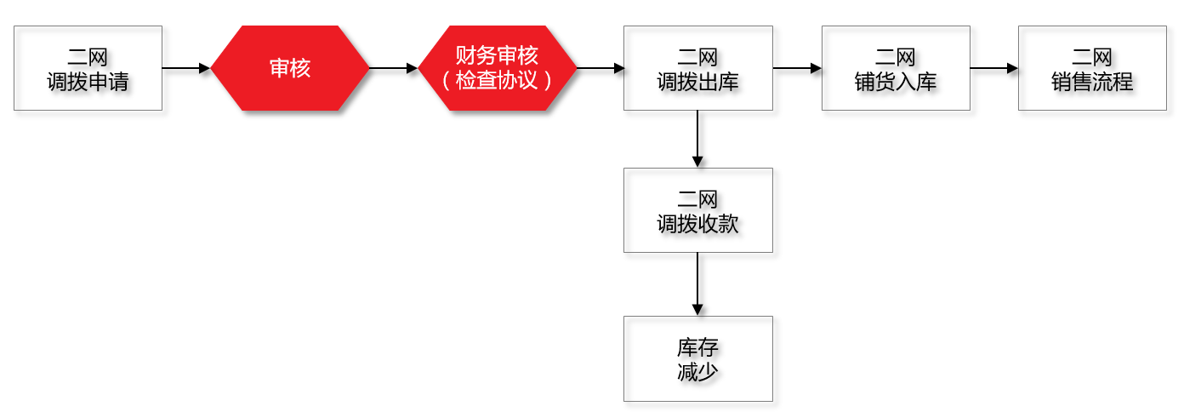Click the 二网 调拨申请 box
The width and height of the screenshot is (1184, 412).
(x=88, y=68)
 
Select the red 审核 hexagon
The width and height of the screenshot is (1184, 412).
(x=290, y=68)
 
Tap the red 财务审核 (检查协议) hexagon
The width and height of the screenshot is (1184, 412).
(x=498, y=68)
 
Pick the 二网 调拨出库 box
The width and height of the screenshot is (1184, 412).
(x=697, y=68)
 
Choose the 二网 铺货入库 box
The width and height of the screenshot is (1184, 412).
(x=896, y=68)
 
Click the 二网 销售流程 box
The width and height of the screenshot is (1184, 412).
(x=1092, y=68)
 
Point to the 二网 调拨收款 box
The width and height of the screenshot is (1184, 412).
(x=697, y=210)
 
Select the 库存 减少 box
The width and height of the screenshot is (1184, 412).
(x=697, y=358)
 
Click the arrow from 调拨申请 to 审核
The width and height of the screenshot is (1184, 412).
(x=185, y=68)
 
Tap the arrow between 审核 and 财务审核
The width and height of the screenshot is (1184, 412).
(x=394, y=68)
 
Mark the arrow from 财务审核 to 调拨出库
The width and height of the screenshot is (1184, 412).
(x=601, y=68)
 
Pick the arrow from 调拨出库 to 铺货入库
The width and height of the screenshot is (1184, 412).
(x=797, y=68)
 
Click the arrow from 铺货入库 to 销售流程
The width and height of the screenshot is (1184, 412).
(x=993, y=68)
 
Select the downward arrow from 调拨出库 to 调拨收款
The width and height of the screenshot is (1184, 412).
(x=697, y=139)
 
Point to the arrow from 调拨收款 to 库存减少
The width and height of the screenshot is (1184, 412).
(x=697, y=283)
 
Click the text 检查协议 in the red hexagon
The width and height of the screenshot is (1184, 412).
(x=498, y=81)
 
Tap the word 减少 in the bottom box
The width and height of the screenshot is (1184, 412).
(x=697, y=372)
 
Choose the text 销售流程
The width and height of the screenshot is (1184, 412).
(x=1092, y=82)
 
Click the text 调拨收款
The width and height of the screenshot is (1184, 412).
(x=697, y=224)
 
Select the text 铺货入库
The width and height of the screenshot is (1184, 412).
(x=896, y=82)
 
